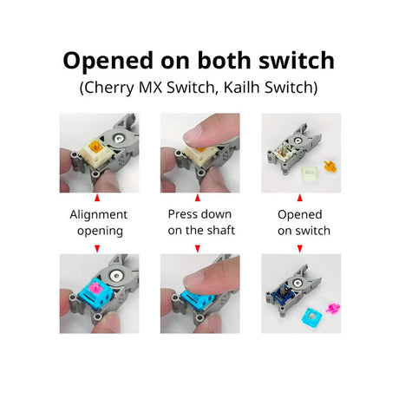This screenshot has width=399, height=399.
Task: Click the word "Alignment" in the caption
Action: click(98, 214)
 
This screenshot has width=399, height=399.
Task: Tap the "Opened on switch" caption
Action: click(299, 222)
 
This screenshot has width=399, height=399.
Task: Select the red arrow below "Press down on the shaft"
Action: click(199, 249)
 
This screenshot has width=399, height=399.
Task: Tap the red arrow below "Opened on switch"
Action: click(299, 249)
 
